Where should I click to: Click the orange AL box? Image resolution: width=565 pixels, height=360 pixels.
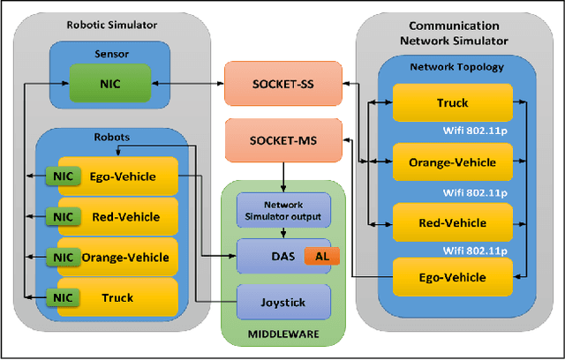click(321, 256)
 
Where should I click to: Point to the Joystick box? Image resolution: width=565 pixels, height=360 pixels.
click(282, 303)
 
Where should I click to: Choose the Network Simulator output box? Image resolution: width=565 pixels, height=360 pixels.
click(282, 210)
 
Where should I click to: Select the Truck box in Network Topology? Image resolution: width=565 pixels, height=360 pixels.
click(452, 103)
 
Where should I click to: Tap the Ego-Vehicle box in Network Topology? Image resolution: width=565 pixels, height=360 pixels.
click(452, 278)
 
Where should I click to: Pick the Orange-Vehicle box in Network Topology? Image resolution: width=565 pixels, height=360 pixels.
click(452, 161)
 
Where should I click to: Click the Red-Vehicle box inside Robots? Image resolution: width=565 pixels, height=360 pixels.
click(125, 216)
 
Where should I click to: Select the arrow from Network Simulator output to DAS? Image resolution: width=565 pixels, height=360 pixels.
click(282, 233)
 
